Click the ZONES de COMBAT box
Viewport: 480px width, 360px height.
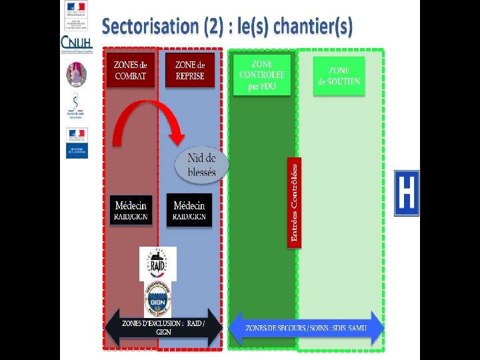(x=131, y=70)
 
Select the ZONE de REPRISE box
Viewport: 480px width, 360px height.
(x=189, y=70)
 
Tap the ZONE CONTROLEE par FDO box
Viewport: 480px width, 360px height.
(x=262, y=74)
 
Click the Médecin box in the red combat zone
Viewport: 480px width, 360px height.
(x=131, y=209)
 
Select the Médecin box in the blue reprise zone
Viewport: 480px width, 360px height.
(x=189, y=209)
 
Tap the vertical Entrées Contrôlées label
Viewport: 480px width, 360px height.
(x=294, y=202)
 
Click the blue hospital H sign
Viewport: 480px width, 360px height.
(x=407, y=193)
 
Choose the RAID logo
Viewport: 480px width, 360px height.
(x=157, y=264)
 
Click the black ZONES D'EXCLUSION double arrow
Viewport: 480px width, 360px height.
(x=163, y=327)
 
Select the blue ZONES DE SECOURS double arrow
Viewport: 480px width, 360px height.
(x=306, y=328)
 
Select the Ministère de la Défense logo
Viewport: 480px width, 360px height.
(x=76, y=143)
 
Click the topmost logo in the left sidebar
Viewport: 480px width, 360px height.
(x=75, y=8)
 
